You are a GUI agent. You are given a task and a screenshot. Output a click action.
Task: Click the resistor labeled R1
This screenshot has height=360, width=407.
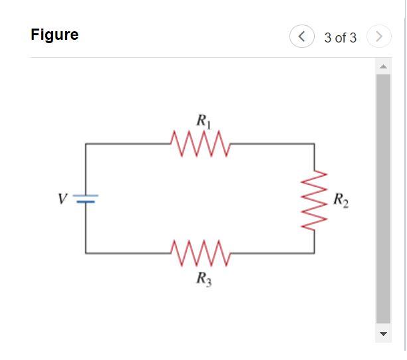coord(200,141)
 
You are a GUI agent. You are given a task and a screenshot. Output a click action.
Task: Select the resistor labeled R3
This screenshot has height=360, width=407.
coord(200,253)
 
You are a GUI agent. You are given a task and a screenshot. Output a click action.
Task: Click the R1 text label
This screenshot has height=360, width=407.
coord(203,121)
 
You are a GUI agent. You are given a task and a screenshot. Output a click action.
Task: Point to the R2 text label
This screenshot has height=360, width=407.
coord(339,199)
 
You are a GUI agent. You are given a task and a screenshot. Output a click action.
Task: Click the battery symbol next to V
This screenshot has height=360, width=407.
coord(85,198)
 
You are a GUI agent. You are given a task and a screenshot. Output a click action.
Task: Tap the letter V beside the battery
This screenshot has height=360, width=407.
coord(62,198)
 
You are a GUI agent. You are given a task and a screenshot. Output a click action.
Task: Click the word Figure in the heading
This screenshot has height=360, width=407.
coord(54,35)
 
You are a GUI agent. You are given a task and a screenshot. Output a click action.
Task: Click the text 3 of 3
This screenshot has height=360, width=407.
coord(340,38)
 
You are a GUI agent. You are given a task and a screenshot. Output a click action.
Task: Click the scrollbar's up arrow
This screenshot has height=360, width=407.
coord(383,66)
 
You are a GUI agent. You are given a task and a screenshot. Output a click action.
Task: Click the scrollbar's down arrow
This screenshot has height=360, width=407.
coord(383,333)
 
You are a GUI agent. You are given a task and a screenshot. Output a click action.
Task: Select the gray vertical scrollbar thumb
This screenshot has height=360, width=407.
coord(383,199)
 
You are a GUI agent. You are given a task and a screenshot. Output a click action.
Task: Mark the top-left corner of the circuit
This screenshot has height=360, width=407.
coord(85,143)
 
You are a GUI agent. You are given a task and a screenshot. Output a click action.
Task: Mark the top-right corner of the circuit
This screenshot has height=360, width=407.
coord(314,143)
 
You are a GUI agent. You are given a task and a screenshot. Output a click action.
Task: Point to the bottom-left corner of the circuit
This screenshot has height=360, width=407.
coord(85,253)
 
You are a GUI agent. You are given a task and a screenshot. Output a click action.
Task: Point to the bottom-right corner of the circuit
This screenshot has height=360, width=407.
coord(314,253)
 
